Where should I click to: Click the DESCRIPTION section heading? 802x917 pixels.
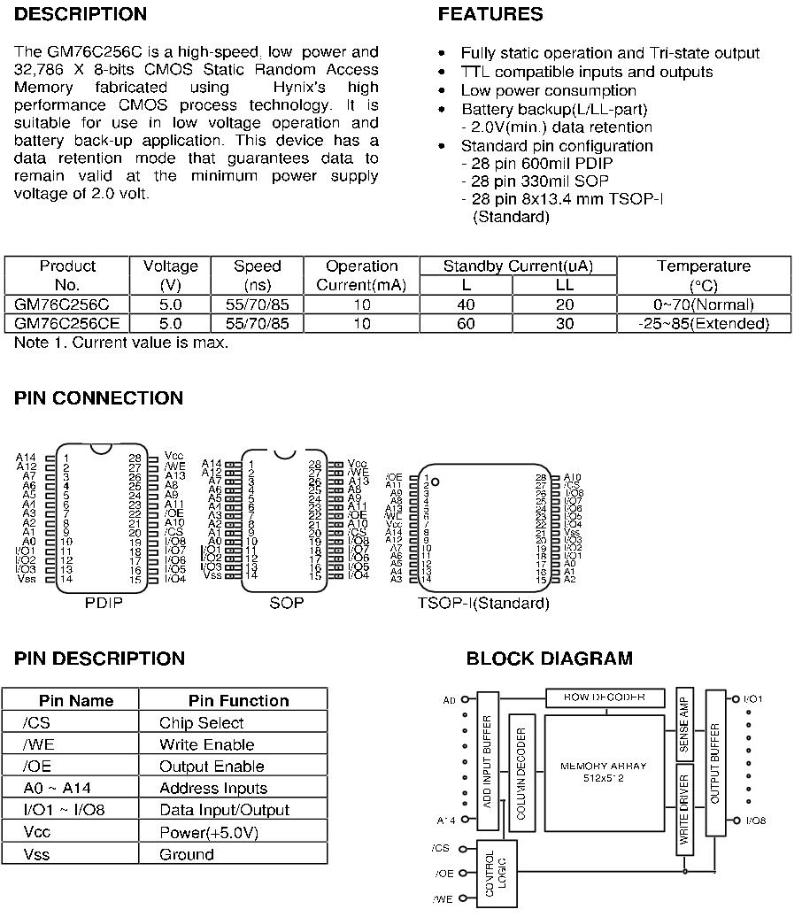tap(81, 14)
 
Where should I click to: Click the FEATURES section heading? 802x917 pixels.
tap(490, 14)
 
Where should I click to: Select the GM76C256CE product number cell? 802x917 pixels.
tap(67, 324)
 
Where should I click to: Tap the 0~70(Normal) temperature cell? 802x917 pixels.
tap(704, 304)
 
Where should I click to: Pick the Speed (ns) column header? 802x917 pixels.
tap(258, 275)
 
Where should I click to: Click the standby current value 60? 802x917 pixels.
tap(466, 324)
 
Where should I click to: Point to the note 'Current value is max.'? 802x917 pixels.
tap(121, 343)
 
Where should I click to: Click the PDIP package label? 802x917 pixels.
tap(104, 603)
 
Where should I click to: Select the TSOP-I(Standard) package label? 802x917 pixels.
tap(483, 604)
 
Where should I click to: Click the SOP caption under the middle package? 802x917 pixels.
tap(286, 603)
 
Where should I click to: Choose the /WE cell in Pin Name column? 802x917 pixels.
tap(40, 744)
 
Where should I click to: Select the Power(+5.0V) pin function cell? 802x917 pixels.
tap(209, 833)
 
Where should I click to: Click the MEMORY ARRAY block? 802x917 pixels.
tap(604, 771)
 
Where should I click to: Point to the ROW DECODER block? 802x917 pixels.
tap(604, 697)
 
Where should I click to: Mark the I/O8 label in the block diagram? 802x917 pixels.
tap(755, 821)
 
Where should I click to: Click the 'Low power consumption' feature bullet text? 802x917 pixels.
tap(548, 90)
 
